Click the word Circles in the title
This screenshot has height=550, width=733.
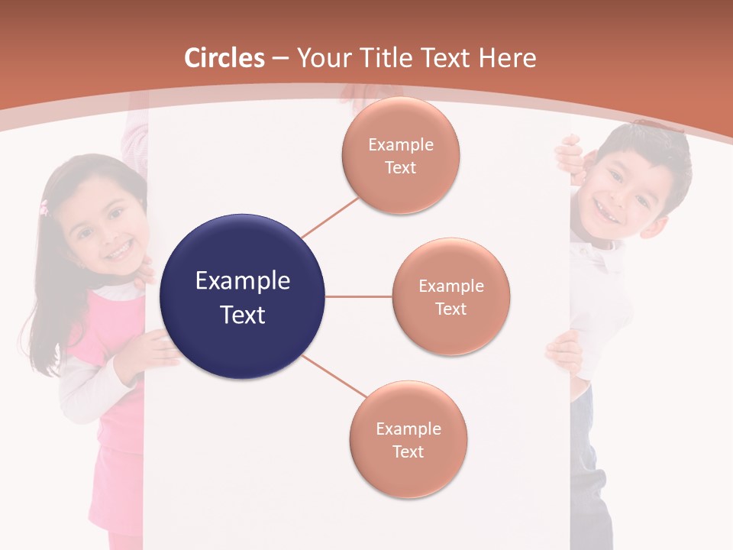(224, 58)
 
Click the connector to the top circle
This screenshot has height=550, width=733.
(331, 218)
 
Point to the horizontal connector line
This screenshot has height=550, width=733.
(359, 296)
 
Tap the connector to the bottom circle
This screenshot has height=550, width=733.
(335, 377)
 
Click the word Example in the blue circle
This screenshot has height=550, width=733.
(243, 281)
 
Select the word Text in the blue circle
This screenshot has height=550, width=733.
(243, 315)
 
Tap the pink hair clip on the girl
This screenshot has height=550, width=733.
(44, 206)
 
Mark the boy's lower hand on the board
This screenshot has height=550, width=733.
(563, 351)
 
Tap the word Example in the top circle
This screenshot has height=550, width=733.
(401, 145)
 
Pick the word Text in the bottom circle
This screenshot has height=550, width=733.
(408, 451)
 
